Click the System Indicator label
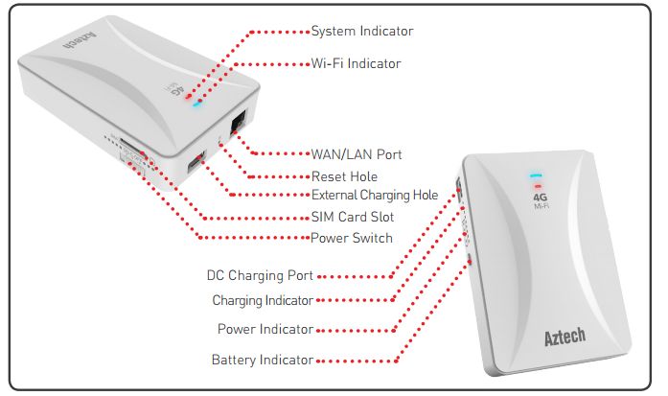click(362, 32)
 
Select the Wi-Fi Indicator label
click(356, 63)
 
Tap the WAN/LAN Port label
click(357, 153)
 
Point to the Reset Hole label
click(344, 176)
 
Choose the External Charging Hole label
click(375, 195)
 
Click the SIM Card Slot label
click(353, 217)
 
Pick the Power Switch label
click(352, 238)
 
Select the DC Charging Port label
click(261, 276)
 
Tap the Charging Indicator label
click(263, 300)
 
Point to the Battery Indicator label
click(263, 361)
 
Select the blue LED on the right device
click(537, 176)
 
